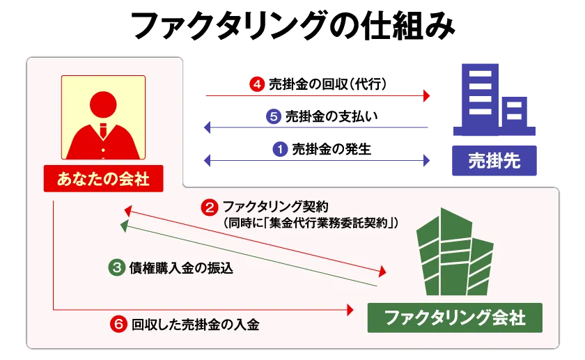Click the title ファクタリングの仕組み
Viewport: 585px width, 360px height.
coord(293,26)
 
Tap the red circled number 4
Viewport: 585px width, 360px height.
coord(257,84)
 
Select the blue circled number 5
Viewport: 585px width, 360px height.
coord(274,117)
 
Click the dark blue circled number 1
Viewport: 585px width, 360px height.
coord(280,150)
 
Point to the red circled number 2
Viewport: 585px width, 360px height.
coord(210,208)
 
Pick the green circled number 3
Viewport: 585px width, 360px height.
coord(117,268)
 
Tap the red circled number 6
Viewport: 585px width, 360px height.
coord(118,324)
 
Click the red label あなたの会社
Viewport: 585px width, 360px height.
coord(103,179)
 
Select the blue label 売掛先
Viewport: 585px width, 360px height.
coord(494,161)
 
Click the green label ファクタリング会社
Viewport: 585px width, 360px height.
coord(455,318)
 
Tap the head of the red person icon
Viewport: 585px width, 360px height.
coord(103,104)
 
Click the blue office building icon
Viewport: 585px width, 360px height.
coord(494,100)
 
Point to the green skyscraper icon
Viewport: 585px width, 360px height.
coord(455,252)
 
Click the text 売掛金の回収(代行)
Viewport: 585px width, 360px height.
coord(327,84)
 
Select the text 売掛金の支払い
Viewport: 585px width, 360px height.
coord(331,117)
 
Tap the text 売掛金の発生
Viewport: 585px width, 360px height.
coord(331,150)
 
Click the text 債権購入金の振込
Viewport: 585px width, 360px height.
coord(181,268)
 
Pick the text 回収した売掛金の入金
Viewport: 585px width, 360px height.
coord(195,324)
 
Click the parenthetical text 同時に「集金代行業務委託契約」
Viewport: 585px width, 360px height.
coord(311,223)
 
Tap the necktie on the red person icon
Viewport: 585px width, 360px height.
coord(103,130)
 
